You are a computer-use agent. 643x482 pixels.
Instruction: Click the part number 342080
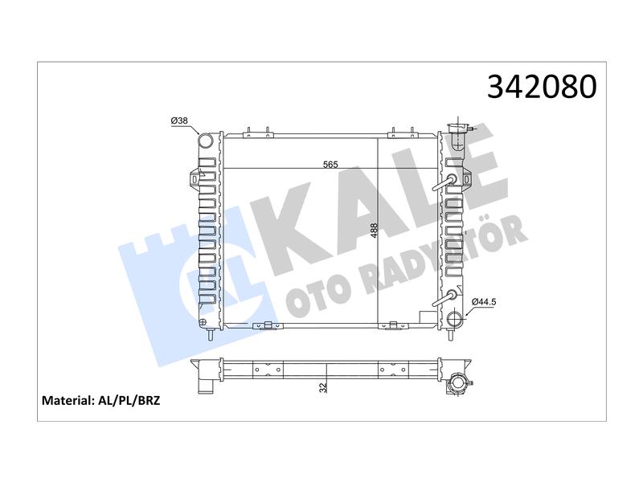542,87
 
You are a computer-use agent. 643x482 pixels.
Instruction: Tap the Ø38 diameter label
179,120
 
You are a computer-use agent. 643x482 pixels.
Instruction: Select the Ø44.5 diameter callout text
485,302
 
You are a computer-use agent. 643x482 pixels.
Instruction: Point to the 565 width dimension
330,165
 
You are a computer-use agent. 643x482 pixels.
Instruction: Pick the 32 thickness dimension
324,387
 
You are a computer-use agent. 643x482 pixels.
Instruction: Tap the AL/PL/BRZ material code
129,400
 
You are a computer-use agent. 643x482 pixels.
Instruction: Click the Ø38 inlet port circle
206,141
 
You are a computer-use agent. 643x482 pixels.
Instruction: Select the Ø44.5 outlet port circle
455,319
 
